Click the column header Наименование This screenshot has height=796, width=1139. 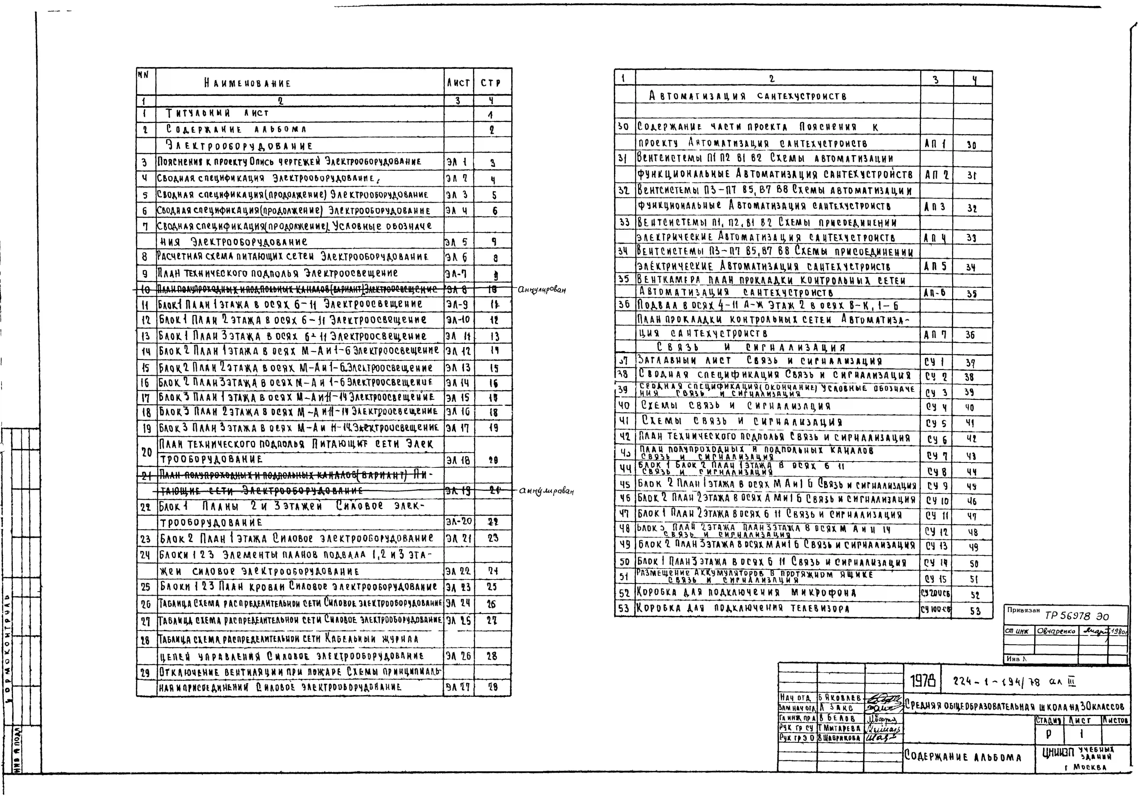(247, 83)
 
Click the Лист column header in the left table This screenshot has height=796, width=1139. (458, 83)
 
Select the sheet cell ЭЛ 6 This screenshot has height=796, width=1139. (456, 257)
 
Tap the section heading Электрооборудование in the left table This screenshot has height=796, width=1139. (239, 146)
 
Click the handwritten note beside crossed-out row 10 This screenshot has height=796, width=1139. (541, 290)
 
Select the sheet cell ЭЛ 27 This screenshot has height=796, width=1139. (457, 687)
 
